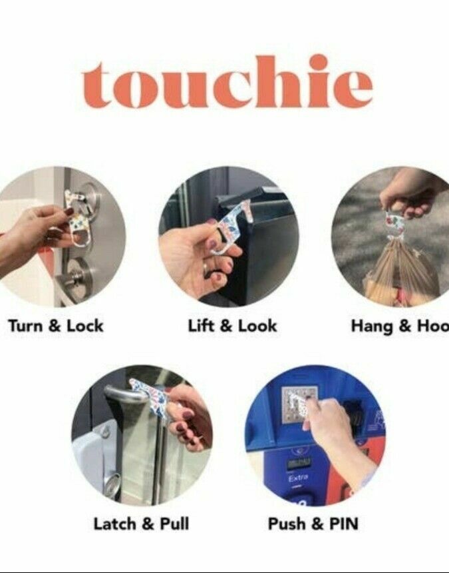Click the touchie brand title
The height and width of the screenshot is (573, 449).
tap(227, 85)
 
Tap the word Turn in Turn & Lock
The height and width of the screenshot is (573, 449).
tap(27, 326)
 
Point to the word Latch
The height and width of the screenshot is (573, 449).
tap(114, 524)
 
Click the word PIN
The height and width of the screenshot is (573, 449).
tap(343, 524)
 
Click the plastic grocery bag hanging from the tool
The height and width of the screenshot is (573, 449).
tap(399, 273)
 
